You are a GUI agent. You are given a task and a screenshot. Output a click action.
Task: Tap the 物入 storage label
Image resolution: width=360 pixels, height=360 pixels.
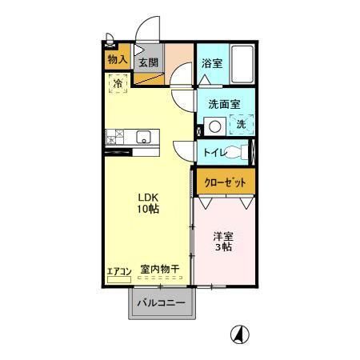[118, 60]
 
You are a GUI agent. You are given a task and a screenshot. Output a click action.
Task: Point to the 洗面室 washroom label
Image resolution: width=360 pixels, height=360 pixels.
[224, 104]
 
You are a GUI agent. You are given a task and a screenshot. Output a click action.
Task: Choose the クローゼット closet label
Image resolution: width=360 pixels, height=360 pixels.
[226, 182]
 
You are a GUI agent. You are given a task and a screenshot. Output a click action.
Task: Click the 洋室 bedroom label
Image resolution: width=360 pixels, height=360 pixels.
[222, 236]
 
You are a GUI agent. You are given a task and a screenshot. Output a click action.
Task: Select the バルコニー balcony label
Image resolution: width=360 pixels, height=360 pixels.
[160, 303]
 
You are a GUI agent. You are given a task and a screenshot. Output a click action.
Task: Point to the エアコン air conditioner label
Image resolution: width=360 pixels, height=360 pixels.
[118, 270]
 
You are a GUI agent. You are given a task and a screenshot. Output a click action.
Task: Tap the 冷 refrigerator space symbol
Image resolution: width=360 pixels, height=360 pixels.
[118, 82]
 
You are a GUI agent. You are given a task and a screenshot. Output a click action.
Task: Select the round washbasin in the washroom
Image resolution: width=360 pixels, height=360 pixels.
[214, 126]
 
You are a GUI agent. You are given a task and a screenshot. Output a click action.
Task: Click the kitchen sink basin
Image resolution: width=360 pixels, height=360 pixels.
[143, 135]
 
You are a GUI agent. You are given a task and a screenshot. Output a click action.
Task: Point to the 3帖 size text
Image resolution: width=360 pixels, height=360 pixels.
[222, 248]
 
